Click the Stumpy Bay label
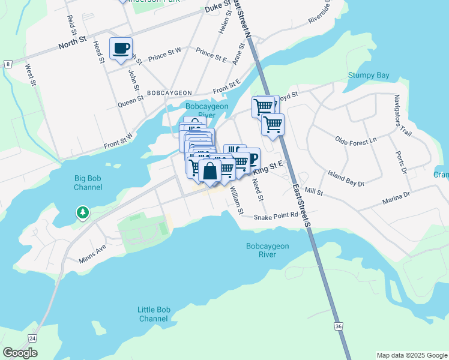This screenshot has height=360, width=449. (369, 76)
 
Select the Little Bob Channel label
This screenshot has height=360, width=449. (154, 314)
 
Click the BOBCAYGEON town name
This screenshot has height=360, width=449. (169, 93)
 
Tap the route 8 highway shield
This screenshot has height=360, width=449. (7, 64)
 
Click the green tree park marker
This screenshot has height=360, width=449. (82, 212)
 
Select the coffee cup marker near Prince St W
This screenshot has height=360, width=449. (121, 49)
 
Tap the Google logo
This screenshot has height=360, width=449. (20, 353)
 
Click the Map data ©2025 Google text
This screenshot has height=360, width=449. (412, 355)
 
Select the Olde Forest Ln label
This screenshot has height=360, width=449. (355, 139)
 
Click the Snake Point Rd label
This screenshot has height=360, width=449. (276, 217)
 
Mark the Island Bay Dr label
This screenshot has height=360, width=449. (346, 178)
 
